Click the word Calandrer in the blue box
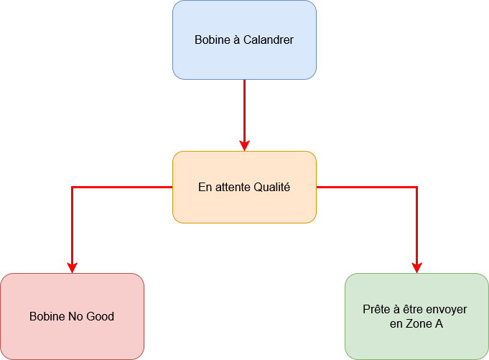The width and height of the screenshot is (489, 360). [268, 40]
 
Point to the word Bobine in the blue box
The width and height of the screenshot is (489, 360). [211, 40]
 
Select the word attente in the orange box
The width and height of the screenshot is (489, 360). [231, 188]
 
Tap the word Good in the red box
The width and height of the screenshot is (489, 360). [101, 316]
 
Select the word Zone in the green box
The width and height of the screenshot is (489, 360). [419, 324]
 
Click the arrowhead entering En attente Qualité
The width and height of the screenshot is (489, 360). [244, 145]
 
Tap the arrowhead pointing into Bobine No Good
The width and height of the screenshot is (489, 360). [72, 267]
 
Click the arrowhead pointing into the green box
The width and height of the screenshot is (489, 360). [416, 267]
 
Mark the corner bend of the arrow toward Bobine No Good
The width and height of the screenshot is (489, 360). [72, 187]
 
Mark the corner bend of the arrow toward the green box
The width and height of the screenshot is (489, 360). [416, 187]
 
